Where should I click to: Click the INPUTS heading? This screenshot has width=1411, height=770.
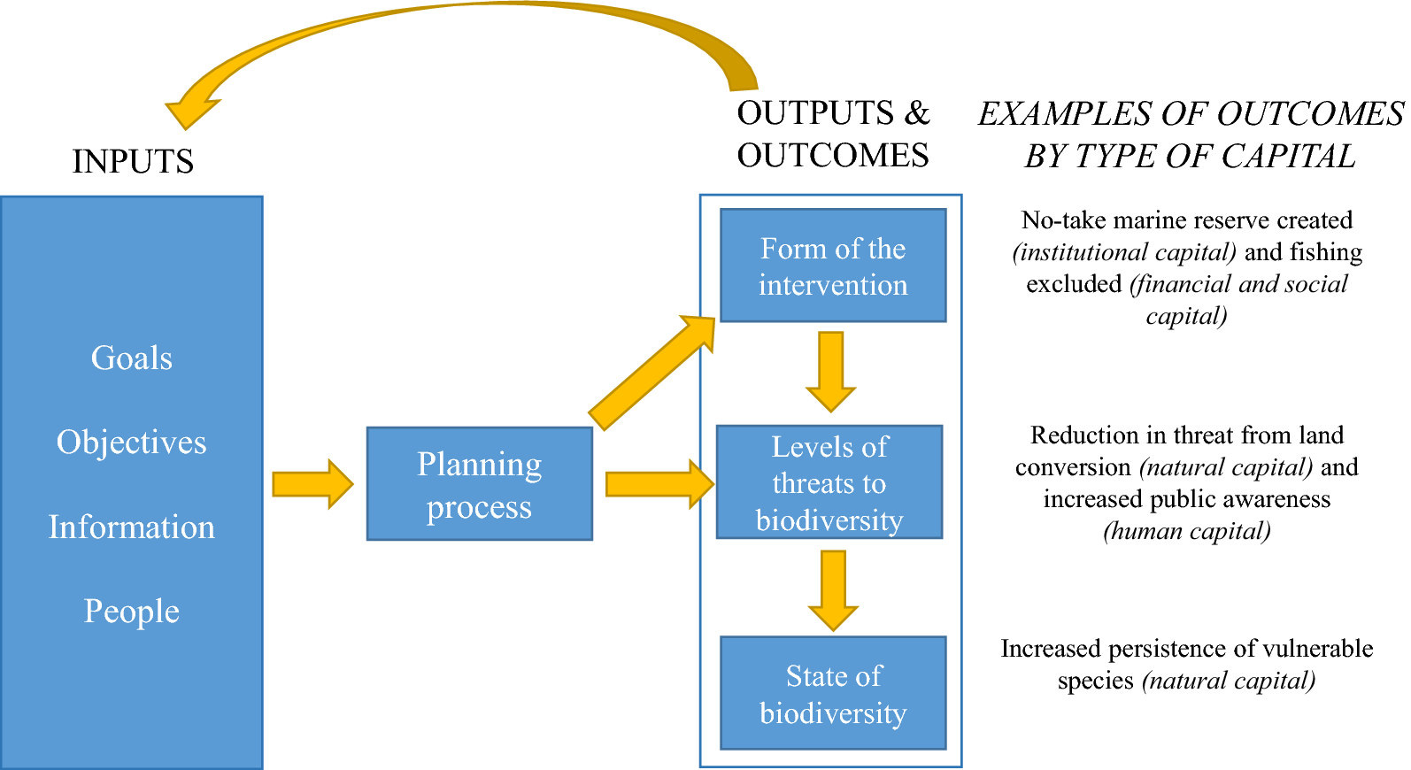pyautogui.click(x=133, y=161)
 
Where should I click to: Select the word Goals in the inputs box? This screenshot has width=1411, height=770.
pyautogui.click(x=132, y=358)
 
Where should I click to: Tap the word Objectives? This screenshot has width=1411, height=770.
pyautogui.click(x=132, y=442)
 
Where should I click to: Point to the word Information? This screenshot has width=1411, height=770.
pyautogui.click(x=132, y=527)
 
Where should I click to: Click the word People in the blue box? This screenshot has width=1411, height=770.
pyautogui.click(x=132, y=611)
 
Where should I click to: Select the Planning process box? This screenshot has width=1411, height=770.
pyautogui.click(x=479, y=484)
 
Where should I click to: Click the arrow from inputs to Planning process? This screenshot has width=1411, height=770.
pyautogui.click(x=312, y=484)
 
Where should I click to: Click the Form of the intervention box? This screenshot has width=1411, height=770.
pyautogui.click(x=833, y=266)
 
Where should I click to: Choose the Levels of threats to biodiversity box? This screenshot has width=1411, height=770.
pyautogui.click(x=829, y=482)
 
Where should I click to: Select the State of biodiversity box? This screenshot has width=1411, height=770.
pyautogui.click(x=833, y=693)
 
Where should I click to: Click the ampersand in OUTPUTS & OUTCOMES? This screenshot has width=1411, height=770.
pyautogui.click(x=917, y=113)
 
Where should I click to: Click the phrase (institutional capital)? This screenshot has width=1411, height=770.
pyautogui.click(x=1124, y=252)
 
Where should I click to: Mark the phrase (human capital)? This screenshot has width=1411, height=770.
pyautogui.click(x=1187, y=531)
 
